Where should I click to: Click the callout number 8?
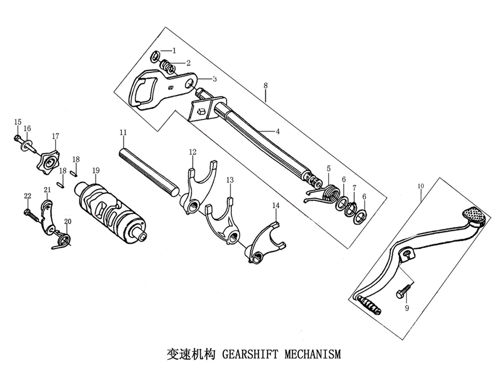pyautogui.click(x=266, y=85)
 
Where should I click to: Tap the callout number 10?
pyautogui.click(x=421, y=185)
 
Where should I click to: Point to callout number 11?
pyautogui.click(x=123, y=132)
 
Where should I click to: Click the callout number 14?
pyautogui.click(x=276, y=206)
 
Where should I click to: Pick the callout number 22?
pyautogui.click(x=27, y=196)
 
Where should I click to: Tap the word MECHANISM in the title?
pyautogui.click(x=313, y=354)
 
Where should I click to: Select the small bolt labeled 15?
pyautogui.click(x=18, y=137)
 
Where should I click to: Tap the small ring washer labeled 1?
pyautogui.click(x=154, y=55)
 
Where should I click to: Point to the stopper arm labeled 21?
pyautogui.click(x=47, y=219)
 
